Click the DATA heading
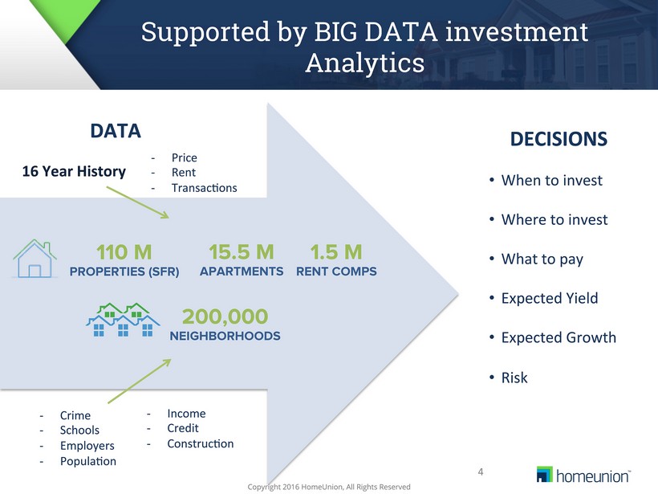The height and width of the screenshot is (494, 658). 116,131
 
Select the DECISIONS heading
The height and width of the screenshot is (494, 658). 558,139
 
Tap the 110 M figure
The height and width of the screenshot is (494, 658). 124,252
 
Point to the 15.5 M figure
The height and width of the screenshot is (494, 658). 242,252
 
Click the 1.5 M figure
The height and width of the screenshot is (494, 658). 336,252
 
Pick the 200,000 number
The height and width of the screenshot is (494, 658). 225,316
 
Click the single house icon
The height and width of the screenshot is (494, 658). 35,259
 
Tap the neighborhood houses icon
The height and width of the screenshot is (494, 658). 123,320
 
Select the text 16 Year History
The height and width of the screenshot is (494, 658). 74,171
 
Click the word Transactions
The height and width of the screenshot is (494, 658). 204,188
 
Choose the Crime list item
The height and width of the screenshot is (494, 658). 75,415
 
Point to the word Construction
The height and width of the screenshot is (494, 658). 200,443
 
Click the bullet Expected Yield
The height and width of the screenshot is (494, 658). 550,298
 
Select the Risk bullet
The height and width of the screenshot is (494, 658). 514,378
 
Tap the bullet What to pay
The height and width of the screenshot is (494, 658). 542,259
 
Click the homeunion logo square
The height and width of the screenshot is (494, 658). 545,474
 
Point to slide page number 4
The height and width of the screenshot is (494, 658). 481,472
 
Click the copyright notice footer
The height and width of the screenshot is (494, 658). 329,487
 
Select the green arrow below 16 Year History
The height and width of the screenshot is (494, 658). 138,202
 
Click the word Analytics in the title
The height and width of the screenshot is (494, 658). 365,63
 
